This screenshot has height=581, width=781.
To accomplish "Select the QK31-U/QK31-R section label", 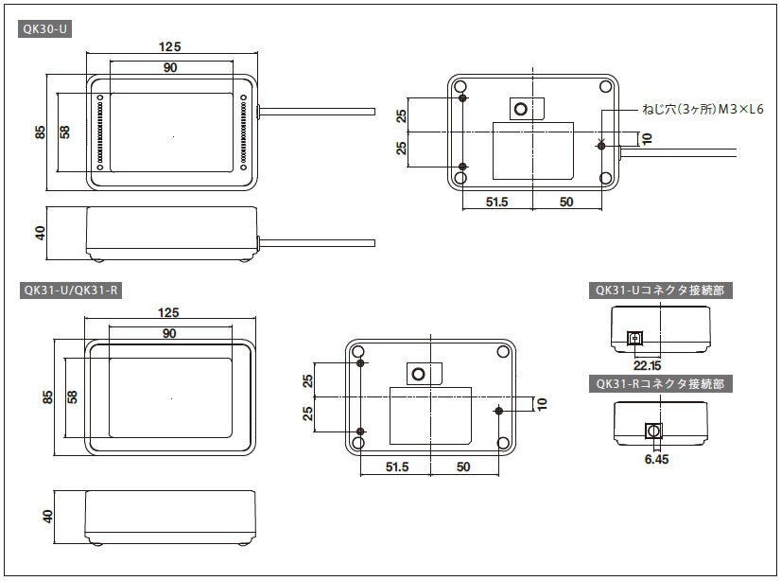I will click(70, 290).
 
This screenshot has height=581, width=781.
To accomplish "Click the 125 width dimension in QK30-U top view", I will click(170, 46).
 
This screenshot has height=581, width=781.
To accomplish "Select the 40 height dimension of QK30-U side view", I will click(41, 233).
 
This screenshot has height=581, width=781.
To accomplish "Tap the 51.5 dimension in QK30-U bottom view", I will click(496, 202).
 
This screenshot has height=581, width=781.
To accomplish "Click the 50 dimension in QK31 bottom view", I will click(463, 467).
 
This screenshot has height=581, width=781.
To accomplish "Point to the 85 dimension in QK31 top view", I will click(47, 397).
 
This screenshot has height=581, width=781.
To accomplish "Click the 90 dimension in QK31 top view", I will click(170, 333).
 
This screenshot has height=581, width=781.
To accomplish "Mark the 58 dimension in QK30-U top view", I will click(64, 132).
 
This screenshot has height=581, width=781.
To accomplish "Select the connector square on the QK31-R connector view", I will click(651, 431).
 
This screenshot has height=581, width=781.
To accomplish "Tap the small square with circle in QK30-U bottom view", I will click(520, 110).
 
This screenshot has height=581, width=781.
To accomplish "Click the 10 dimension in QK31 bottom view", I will click(541, 403).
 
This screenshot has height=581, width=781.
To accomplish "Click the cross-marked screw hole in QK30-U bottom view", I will click(601, 144).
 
